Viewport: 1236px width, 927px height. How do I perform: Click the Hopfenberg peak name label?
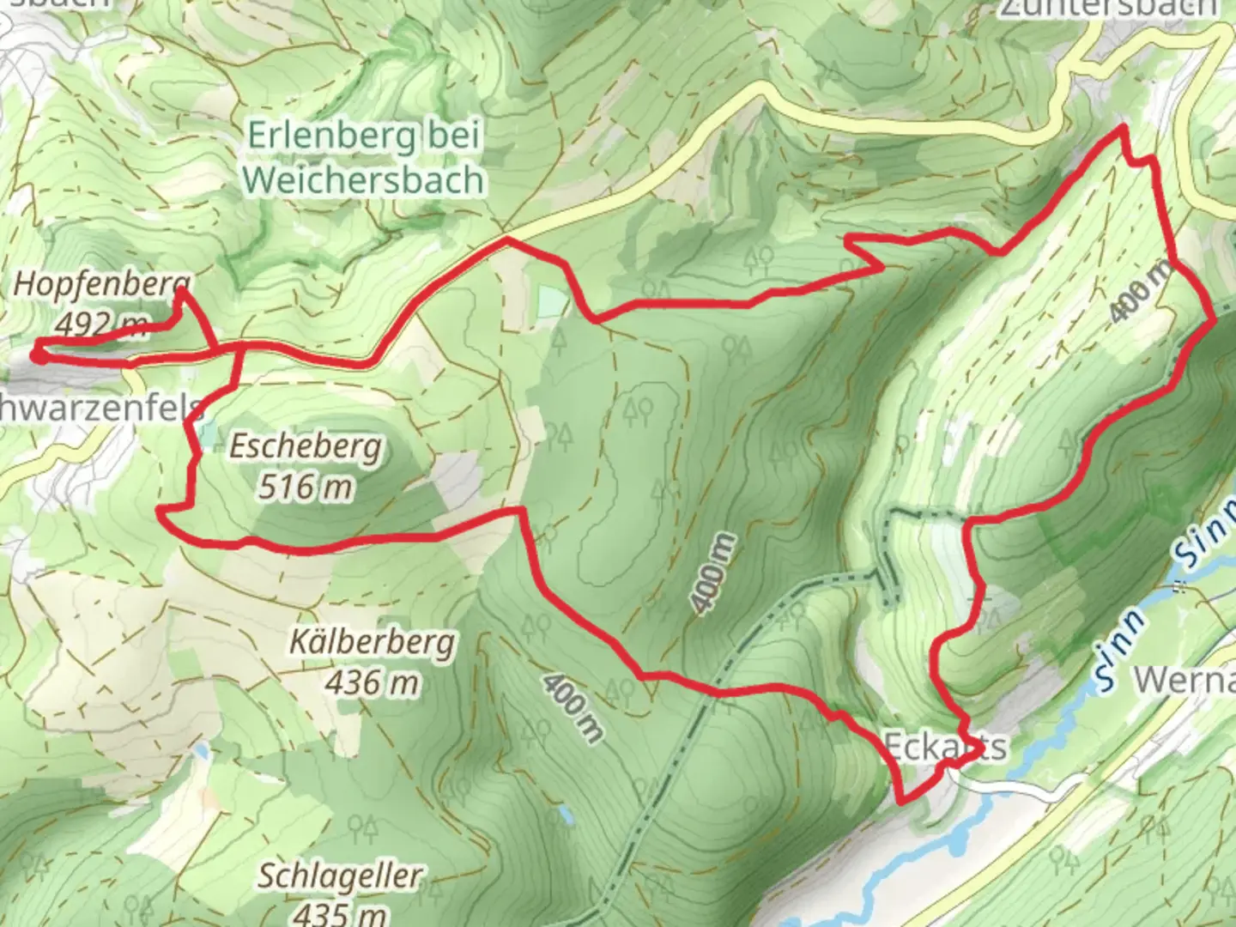click(101, 285)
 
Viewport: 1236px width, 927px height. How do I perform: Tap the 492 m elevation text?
click(99, 324)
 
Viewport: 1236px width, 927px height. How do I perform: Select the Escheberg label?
click(306, 447)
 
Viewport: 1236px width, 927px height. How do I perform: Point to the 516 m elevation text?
click(306, 487)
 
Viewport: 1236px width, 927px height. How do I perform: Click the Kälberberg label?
click(372, 642)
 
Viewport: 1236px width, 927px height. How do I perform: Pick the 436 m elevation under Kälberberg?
click(372, 682)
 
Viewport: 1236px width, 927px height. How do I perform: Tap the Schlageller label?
click(340, 876)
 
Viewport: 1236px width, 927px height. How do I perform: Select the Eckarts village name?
click(944, 747)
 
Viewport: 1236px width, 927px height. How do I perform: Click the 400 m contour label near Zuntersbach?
click(1141, 292)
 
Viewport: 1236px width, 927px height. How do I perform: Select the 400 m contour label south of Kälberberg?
click(572, 708)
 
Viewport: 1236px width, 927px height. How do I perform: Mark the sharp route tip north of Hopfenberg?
click(181, 292)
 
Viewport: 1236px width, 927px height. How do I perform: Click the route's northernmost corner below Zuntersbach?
click(1121, 129)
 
